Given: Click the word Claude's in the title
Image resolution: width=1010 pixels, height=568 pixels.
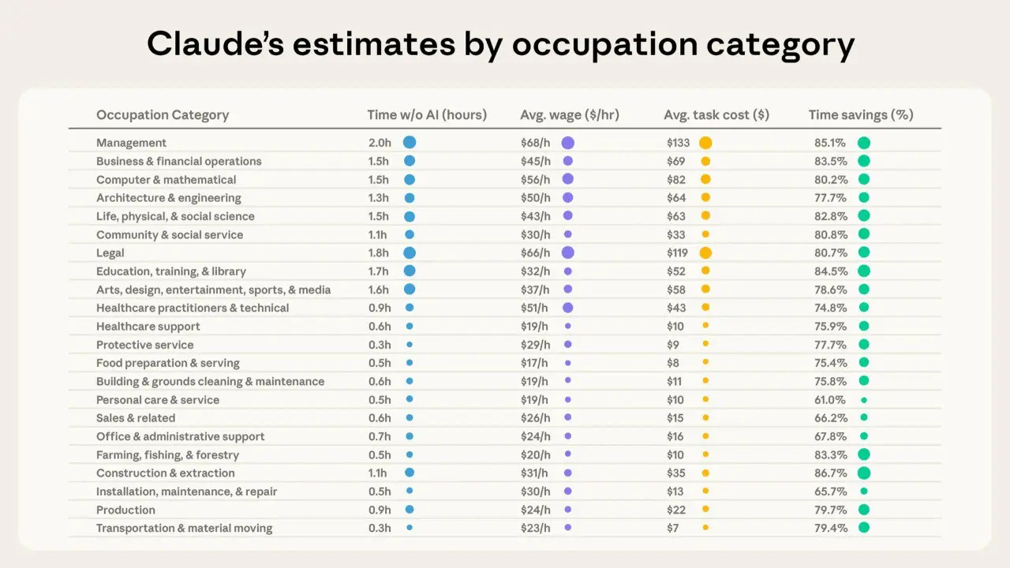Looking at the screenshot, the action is (x=215, y=44).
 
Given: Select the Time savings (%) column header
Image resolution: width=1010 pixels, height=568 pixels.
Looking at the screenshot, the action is (x=861, y=115).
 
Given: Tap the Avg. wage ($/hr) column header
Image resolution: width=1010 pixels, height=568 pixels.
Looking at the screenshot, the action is (x=570, y=115).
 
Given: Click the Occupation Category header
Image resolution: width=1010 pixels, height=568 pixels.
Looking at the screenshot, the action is (x=163, y=115).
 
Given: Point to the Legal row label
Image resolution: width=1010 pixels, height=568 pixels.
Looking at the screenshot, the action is (x=110, y=253).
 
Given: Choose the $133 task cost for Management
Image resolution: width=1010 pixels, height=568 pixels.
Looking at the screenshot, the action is (x=678, y=143).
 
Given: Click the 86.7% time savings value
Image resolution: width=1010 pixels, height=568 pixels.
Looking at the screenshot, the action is (x=831, y=473).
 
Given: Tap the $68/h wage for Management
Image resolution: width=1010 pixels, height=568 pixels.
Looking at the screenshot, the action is (x=535, y=143).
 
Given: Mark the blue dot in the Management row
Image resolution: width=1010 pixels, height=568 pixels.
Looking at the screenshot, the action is (x=410, y=143).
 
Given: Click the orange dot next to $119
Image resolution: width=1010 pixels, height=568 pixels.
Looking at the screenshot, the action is (x=705, y=253).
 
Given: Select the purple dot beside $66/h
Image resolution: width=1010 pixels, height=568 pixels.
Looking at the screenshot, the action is (x=568, y=253).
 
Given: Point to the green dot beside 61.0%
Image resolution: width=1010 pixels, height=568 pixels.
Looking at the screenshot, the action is (x=864, y=400).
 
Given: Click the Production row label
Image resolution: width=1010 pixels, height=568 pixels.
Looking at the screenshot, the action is (x=125, y=510).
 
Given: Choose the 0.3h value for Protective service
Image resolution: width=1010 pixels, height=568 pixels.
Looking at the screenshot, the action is (x=380, y=345).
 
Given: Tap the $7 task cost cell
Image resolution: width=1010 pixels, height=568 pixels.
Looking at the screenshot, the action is (x=673, y=528).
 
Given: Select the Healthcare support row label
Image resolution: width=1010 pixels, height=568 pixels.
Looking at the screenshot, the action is (x=148, y=327).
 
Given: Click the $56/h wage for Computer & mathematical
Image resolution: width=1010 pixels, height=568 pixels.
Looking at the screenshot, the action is (x=535, y=180).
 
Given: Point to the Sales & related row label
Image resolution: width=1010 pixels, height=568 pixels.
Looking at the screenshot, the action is (x=136, y=418).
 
